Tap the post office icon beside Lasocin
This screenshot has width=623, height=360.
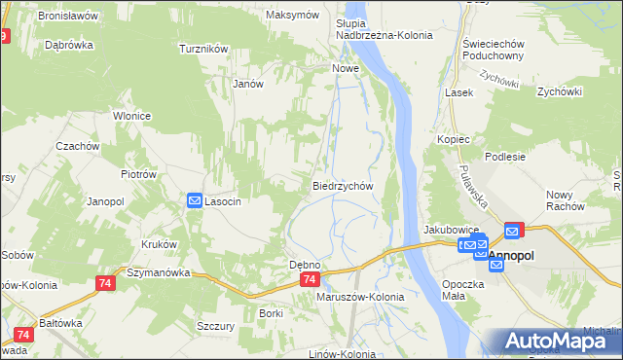tap(194, 200)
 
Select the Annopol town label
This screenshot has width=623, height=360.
tap(512, 255)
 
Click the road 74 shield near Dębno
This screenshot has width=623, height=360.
tap(309, 279)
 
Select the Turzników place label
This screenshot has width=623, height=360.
tap(203, 48)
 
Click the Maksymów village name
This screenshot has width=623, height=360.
tap(292, 16)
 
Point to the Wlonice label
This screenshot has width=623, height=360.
tap(131, 116)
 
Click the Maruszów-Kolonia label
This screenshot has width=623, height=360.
tap(360, 297)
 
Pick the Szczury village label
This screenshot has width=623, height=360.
tap(215, 327)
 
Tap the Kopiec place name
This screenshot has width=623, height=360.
tap(454, 140)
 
